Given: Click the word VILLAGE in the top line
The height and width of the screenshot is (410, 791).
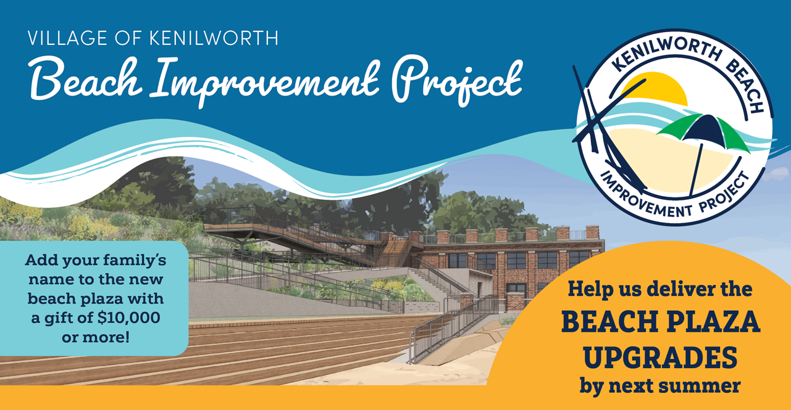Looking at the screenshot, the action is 67,38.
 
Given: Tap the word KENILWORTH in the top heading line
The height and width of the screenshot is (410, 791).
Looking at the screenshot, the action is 214,38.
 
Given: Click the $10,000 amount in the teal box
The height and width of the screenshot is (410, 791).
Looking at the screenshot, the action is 129,318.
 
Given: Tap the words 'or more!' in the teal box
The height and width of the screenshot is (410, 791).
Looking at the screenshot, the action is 95,337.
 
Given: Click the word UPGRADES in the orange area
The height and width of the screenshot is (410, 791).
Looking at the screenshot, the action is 660,357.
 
